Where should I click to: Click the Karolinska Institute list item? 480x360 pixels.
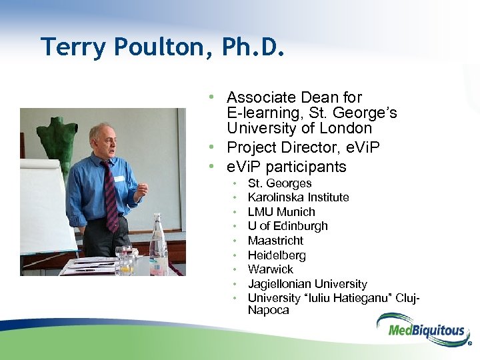pos(298,197)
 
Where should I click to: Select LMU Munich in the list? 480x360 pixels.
pos(281,212)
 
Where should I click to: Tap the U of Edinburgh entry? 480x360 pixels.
pos(287,226)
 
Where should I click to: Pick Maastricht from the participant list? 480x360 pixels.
pos(275,241)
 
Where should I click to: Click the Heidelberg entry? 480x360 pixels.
pos(277,255)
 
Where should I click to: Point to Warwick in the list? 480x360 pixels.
pos(270,269)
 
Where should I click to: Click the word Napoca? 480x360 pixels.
pos(268,310)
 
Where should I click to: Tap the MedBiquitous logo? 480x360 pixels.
pos(421,329)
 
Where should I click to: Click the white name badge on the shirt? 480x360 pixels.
pos(119,179)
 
